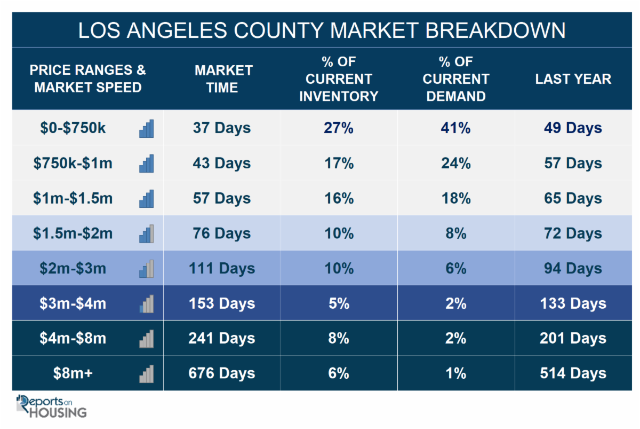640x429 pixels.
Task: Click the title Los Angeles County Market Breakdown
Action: (321, 30)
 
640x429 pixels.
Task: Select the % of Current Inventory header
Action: (339, 79)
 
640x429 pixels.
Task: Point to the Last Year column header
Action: (573, 79)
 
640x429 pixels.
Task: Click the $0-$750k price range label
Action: (73, 128)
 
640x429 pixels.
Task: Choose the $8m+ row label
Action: (73, 373)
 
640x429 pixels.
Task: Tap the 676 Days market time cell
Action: (221, 373)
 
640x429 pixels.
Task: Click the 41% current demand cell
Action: (455, 128)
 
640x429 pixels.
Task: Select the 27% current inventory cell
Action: (339, 128)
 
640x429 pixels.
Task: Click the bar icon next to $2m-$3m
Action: (146, 269)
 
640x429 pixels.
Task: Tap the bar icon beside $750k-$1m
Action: (146, 163)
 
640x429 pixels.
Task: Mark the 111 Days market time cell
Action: (221, 269)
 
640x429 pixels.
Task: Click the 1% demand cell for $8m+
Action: (455, 373)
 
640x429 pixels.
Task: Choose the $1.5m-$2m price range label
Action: (73, 233)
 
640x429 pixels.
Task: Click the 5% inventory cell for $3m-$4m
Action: (339, 303)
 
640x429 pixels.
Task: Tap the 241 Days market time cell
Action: (221, 339)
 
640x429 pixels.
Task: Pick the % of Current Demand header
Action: (455, 79)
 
